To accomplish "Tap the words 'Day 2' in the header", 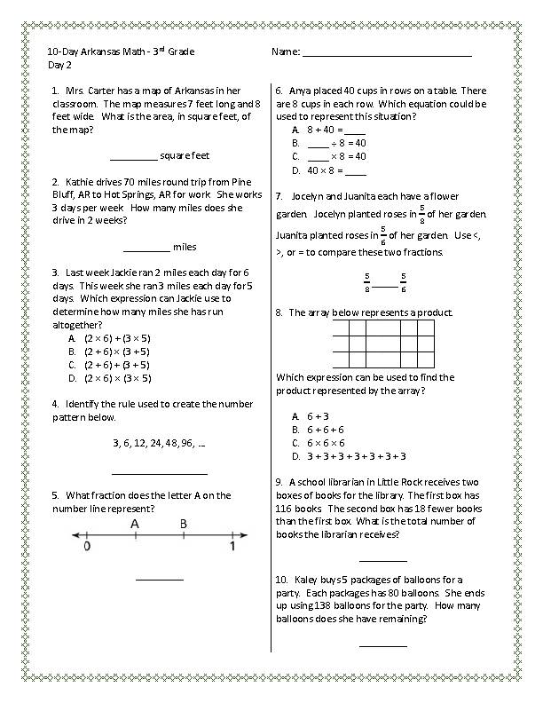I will click(59, 66).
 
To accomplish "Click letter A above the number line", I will click(135, 524).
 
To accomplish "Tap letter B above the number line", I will click(183, 524).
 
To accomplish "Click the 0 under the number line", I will click(87, 547).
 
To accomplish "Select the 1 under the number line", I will click(233, 547).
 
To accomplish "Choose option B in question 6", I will click(329, 143).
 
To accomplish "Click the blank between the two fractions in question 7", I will click(383, 286).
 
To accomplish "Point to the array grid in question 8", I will click(383, 344).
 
